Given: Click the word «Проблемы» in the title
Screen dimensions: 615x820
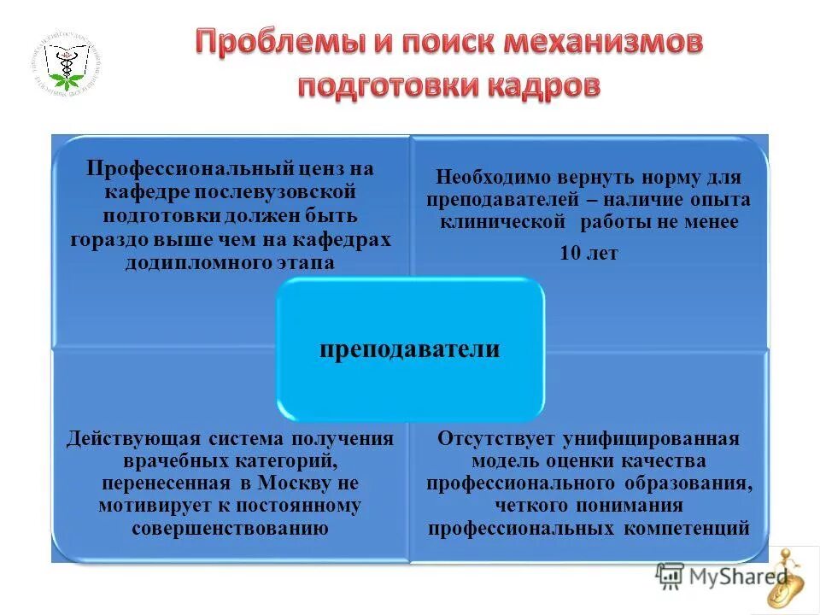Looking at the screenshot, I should point(273,43).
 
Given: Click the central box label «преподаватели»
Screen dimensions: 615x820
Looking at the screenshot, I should point(409,349).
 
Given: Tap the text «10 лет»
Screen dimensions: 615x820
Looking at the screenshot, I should point(589,253).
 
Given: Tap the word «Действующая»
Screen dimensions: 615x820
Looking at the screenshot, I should point(133,438).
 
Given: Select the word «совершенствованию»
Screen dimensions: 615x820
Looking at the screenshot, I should point(231,527).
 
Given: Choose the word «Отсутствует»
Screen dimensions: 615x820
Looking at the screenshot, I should point(496,438).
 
